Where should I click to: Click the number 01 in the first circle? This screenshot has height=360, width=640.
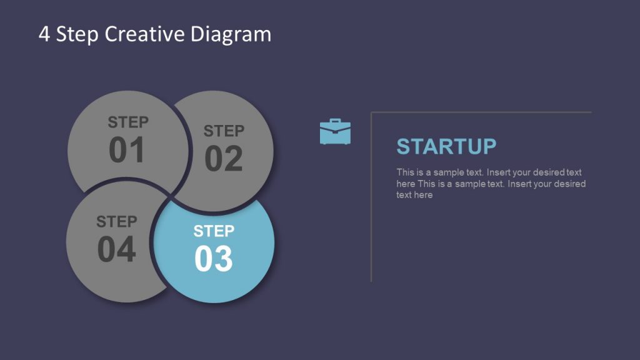[127, 150]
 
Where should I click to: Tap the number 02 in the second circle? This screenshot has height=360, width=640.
[223, 159]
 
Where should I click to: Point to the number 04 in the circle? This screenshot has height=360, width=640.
[116, 249]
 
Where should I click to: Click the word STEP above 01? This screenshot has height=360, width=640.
[128, 122]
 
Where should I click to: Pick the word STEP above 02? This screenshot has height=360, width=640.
[224, 131]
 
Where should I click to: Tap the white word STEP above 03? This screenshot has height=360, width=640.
[214, 231]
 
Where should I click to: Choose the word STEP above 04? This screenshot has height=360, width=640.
[117, 222]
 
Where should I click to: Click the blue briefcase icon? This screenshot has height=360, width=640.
[335, 132]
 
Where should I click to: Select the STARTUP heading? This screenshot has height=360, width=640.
[446, 146]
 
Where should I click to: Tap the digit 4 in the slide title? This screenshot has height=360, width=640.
[44, 34]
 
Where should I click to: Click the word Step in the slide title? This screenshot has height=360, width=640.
[77, 34]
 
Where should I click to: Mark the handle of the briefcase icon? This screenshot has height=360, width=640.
[335, 121]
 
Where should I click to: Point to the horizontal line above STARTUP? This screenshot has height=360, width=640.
[481, 112]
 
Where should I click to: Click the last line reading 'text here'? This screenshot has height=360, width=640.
[414, 195]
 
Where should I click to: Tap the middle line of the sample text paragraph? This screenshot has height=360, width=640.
[491, 184]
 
